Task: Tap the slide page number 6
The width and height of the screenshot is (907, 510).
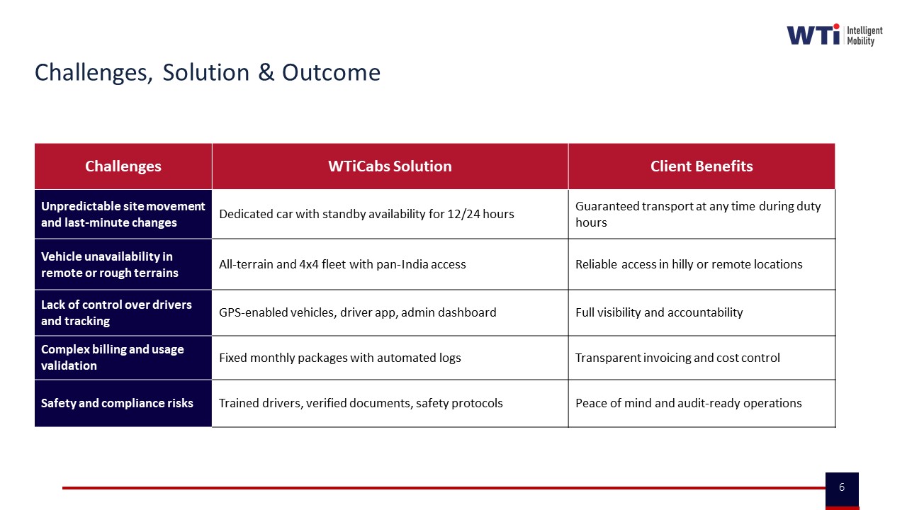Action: pos(842,487)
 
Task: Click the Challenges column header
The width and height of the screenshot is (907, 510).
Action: pos(123,166)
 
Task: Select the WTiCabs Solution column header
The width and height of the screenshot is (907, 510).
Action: pos(390,166)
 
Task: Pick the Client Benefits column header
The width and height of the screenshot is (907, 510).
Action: pos(702,166)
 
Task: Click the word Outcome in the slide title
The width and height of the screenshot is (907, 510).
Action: pos(331,73)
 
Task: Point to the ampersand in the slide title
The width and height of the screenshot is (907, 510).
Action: pos(266,73)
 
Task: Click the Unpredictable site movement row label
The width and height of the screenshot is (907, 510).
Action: pos(123,214)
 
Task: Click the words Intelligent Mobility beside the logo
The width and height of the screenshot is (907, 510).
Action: pos(864,35)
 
